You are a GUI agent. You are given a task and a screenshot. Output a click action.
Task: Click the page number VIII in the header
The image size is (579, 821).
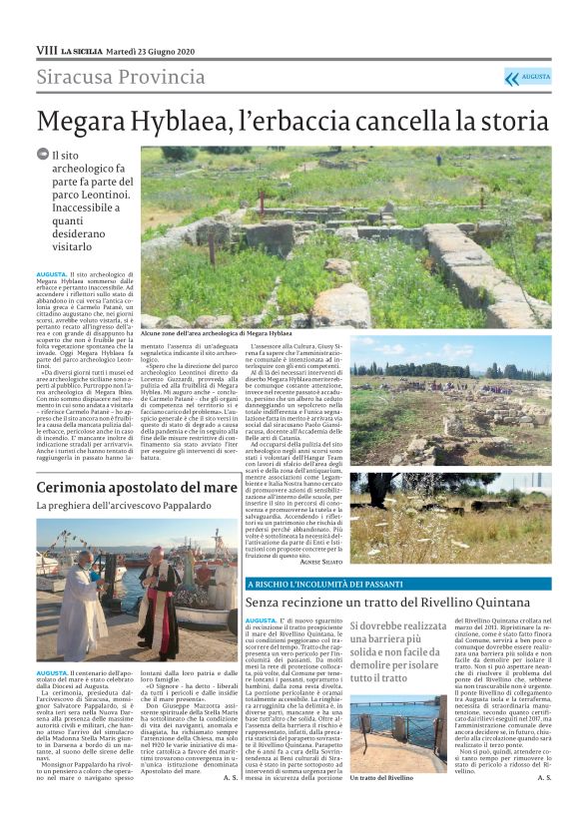46,49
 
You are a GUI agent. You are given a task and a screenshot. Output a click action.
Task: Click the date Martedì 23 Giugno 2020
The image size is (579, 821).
150,50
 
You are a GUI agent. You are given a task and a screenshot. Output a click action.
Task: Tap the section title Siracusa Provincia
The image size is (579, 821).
121,78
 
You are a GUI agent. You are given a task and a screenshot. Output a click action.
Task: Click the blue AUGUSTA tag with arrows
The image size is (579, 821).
527,77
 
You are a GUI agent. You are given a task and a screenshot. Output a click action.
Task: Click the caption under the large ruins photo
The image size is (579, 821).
217,331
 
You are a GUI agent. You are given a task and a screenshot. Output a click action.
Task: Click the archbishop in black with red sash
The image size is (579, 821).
160,599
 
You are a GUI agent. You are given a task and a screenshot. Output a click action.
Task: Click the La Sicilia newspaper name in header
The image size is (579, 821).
80,50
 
